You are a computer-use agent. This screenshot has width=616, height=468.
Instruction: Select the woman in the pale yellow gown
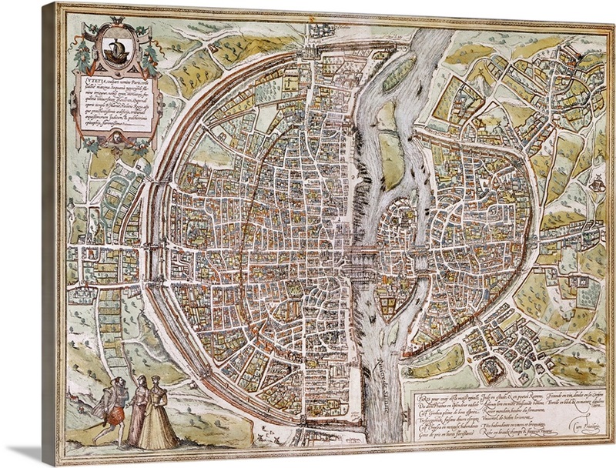(159, 416)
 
